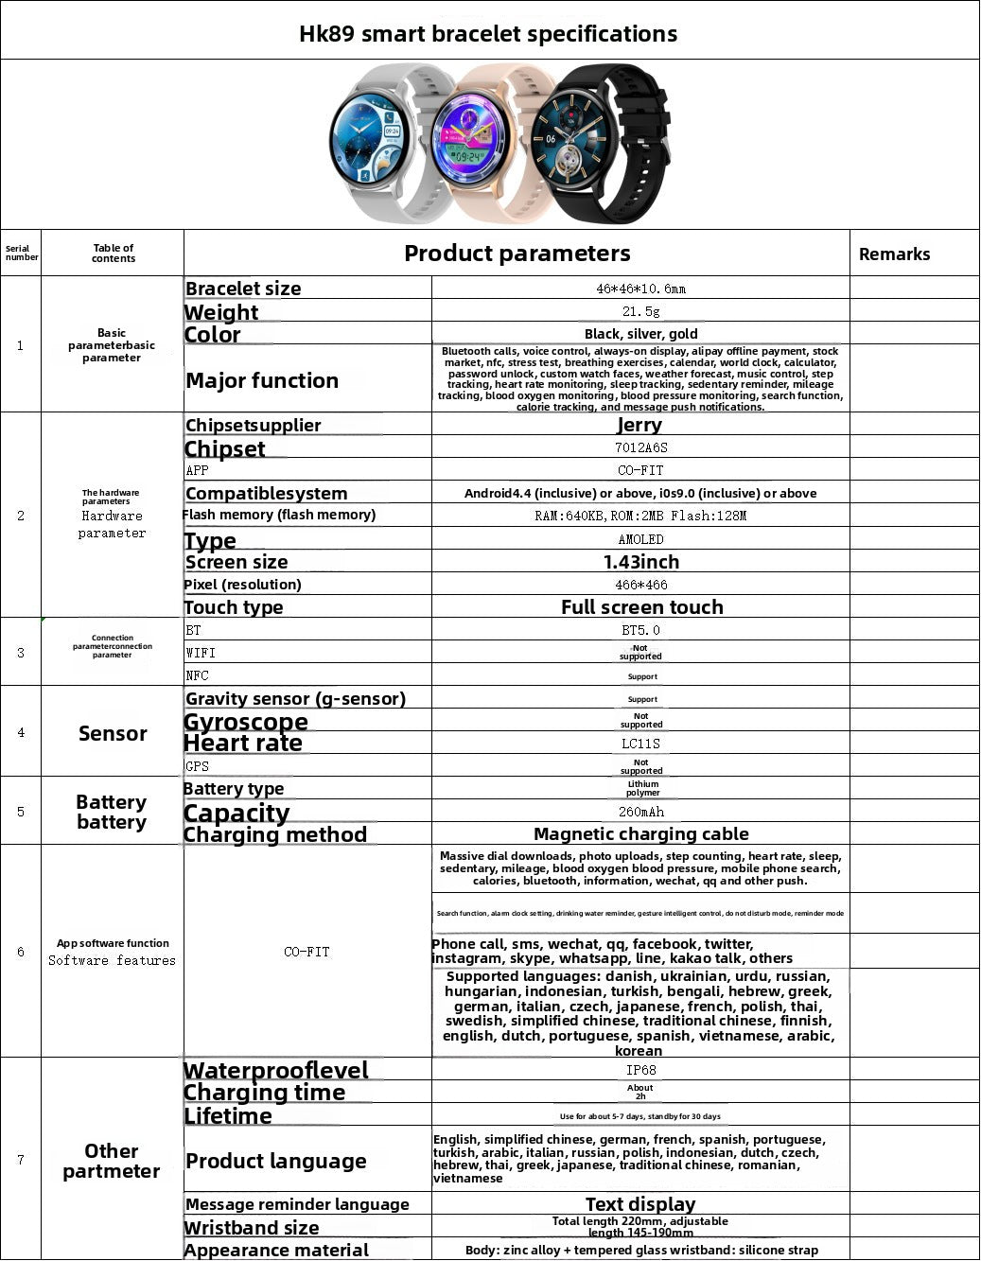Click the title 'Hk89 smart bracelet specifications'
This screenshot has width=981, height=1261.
coord(488,34)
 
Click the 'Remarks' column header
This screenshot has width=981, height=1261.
coord(894,254)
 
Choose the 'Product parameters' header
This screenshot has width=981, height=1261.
coord(517,254)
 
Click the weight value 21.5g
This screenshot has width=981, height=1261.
coord(640,311)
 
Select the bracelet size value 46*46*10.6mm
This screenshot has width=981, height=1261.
coord(640,289)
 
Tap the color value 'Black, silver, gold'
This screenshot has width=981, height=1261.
coord(640,334)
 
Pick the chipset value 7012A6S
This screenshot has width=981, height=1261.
coord(640,447)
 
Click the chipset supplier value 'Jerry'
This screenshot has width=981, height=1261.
coord(639,425)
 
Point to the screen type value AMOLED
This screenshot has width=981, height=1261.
coord(640,539)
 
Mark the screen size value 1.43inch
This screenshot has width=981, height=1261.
coord(640,562)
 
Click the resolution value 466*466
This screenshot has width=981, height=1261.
coord(640,585)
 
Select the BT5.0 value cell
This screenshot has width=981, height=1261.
coord(640,630)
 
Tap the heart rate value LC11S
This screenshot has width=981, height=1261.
coord(640,744)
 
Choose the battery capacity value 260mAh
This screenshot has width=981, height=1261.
coord(640,812)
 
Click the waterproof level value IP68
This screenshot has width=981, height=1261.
coord(640,1070)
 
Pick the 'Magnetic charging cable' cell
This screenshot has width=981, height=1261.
coord(640,834)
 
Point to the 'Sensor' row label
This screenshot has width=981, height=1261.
coord(113,733)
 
